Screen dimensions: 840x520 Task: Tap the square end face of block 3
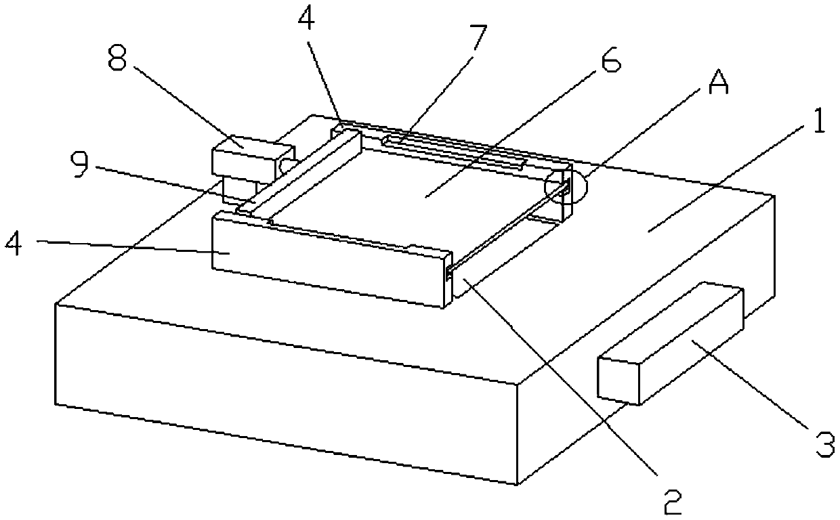click(618, 379)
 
